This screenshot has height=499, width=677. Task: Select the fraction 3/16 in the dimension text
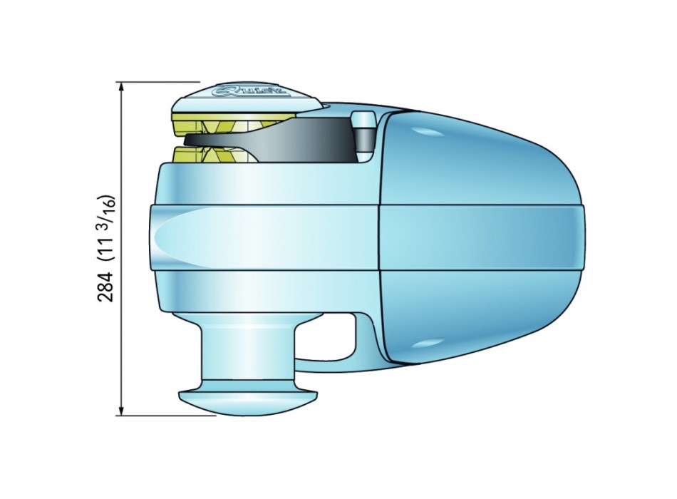(109, 210)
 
